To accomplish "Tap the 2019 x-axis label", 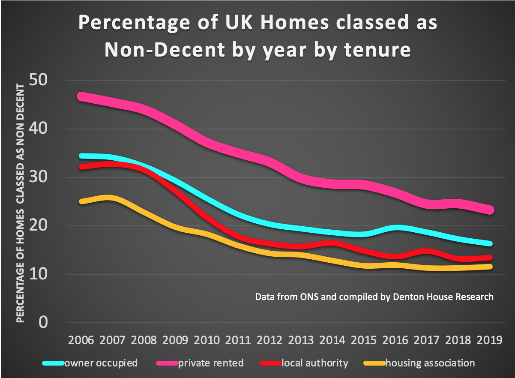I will pyautogui.click(x=490, y=340).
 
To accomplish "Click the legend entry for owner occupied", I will pyautogui.click(x=101, y=363).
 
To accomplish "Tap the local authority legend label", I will pyautogui.click(x=315, y=363).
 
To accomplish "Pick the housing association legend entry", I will pyautogui.click(x=430, y=363).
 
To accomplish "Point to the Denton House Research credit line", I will pyautogui.click(x=374, y=297).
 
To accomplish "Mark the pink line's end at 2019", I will pyautogui.click(x=490, y=210).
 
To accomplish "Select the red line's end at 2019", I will pyautogui.click(x=490, y=258).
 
